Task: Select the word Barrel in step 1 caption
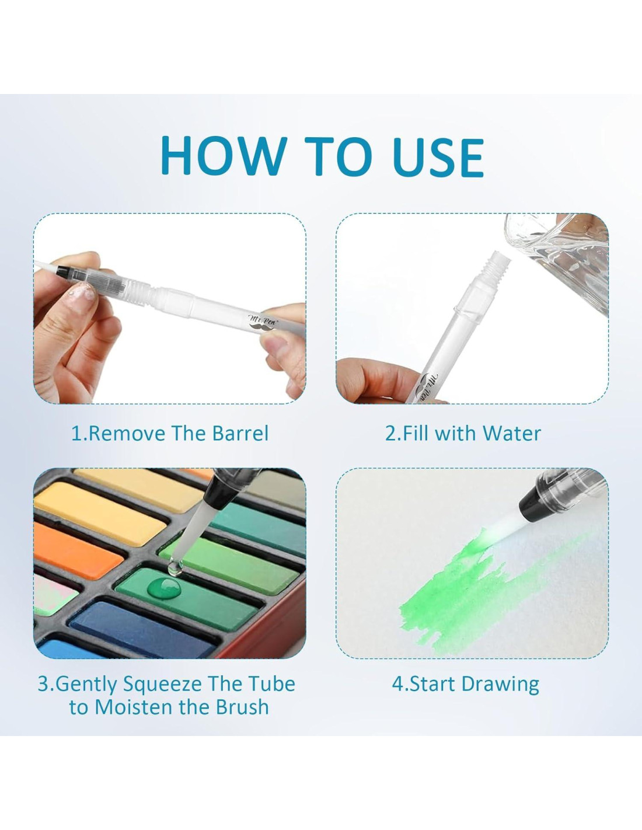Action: pyautogui.click(x=240, y=433)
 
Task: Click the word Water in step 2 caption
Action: pyautogui.click(x=512, y=433)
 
